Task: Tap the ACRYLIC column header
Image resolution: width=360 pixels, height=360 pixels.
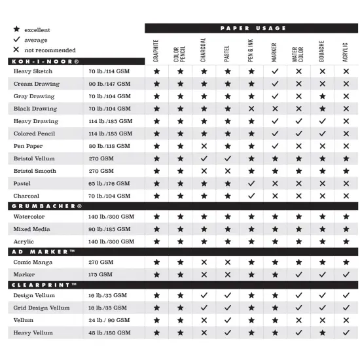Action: click(x=346, y=52)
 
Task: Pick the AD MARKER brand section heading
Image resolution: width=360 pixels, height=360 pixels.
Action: click(x=43, y=251)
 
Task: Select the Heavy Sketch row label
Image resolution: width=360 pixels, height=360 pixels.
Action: click(x=33, y=71)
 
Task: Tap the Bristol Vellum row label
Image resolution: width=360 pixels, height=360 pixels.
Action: click(x=34, y=159)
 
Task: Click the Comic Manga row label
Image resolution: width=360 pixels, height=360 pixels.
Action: click(x=33, y=262)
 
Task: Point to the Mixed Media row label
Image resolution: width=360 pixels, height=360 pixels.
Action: click(x=33, y=229)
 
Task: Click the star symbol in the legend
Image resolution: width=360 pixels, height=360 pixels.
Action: click(x=16, y=30)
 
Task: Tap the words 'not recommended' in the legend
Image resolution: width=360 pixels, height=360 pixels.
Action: click(x=50, y=50)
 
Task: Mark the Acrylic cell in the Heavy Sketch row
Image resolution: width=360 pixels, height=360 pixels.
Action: click(x=346, y=71)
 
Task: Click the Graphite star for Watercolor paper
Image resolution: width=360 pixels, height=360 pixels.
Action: click(x=156, y=217)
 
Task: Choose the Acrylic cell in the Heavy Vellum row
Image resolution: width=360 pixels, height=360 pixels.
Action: click(x=346, y=333)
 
